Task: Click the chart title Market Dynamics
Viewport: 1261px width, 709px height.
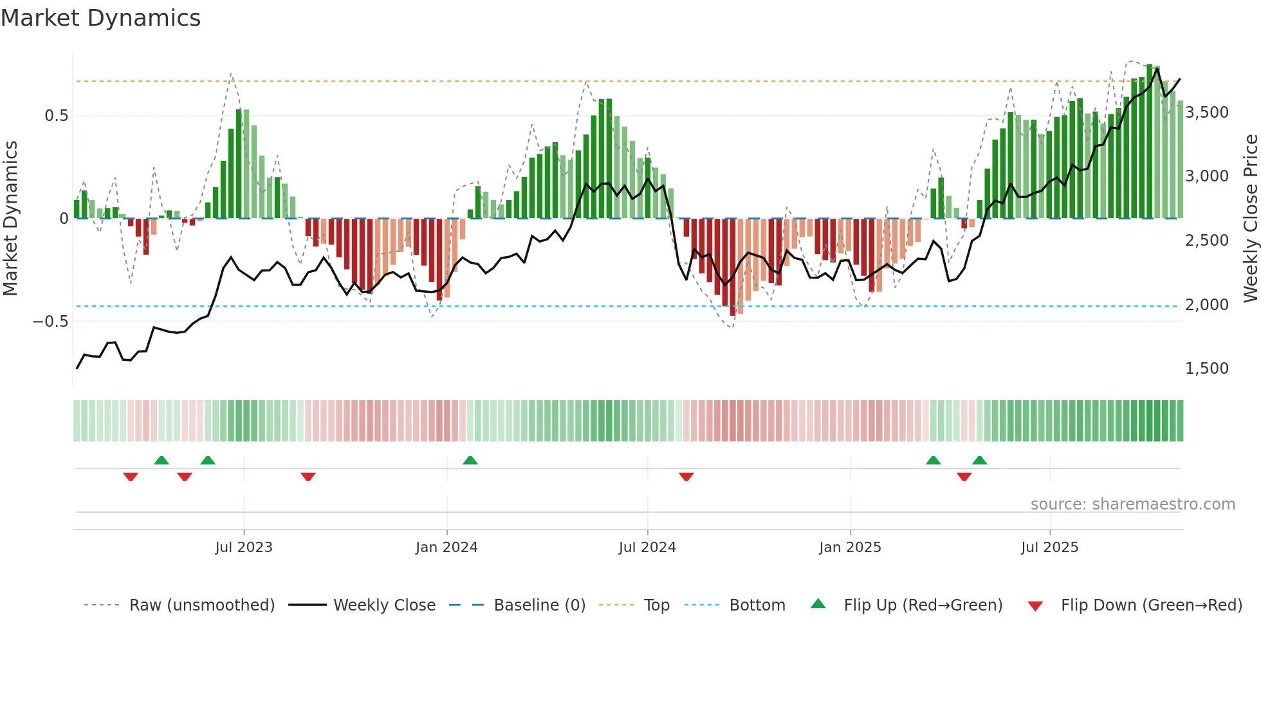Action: coord(100,18)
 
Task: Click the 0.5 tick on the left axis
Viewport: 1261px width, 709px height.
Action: coord(56,116)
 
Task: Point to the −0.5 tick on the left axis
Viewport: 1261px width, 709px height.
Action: coord(50,322)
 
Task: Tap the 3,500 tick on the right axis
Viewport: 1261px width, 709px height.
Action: coord(1206,113)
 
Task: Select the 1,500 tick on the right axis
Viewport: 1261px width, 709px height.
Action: coord(1206,369)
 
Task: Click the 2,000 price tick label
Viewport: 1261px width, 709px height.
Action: coord(1206,305)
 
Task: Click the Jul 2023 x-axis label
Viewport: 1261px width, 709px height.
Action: coord(244,548)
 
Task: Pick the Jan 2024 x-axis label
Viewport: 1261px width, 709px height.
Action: coord(446,548)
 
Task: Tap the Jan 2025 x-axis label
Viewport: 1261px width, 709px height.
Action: coord(850,548)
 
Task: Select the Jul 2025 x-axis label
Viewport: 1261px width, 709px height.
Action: coord(1049,548)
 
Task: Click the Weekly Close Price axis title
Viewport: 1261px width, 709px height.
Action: coord(1250,219)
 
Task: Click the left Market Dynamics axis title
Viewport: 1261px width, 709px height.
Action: coord(10,219)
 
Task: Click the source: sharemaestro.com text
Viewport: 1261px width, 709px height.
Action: coord(1132,504)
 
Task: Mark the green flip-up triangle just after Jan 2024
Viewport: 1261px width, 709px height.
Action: coord(470,460)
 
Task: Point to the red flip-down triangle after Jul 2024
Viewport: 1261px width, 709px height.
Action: coord(686,477)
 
